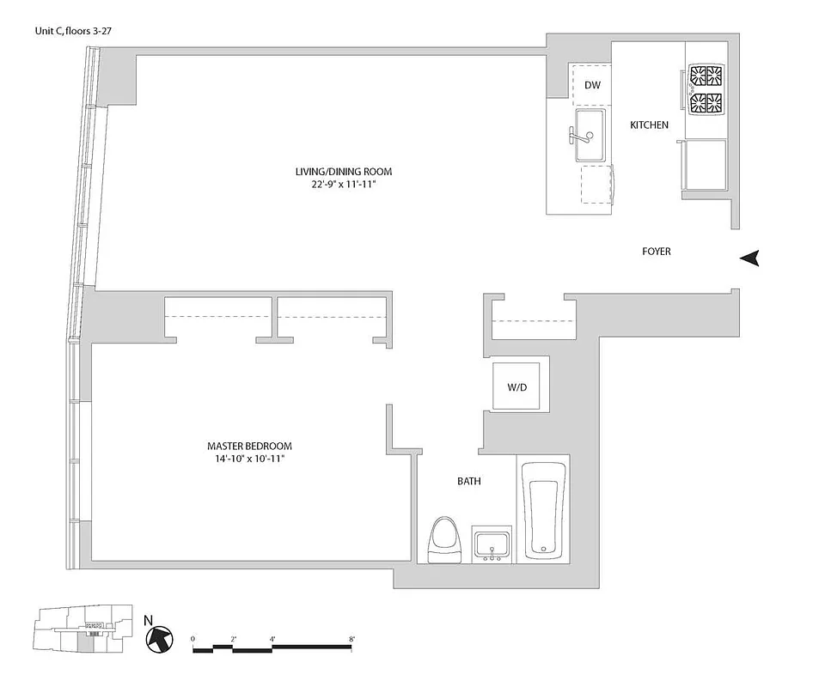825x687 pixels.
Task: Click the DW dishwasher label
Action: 592,85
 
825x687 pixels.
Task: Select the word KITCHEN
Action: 649,125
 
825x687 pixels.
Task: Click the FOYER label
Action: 656,252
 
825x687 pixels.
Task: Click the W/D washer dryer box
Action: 516,387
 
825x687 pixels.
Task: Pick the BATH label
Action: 468,482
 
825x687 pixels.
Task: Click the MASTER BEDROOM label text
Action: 249,447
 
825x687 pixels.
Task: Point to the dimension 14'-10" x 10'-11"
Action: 249,459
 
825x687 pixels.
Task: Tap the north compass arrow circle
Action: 158,638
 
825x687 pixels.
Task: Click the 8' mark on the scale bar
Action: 352,640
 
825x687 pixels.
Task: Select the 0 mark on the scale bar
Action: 193,640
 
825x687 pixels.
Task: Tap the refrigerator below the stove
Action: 706,165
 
